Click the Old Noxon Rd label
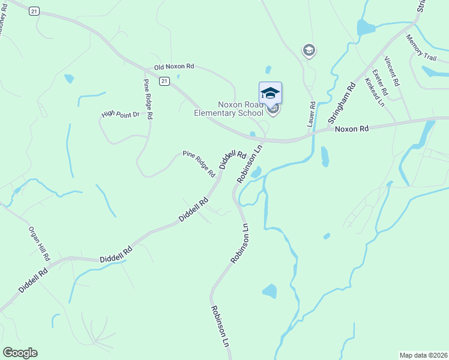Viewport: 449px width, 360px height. [x=174, y=67]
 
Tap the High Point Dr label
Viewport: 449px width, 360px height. [x=120, y=113]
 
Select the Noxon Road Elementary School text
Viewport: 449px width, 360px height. [x=228, y=108]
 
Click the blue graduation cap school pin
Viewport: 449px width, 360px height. [x=270, y=92]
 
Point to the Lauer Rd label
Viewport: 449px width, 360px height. [x=311, y=114]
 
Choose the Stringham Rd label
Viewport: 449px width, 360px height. [x=342, y=103]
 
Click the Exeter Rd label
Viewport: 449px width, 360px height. [x=381, y=82]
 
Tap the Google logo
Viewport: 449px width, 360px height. [x=20, y=353]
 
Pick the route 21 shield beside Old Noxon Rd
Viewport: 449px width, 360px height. [x=164, y=80]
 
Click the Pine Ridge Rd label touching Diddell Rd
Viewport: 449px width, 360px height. [x=199, y=164]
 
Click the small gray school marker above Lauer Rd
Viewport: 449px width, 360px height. [x=309, y=50]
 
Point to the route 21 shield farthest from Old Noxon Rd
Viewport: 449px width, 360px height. [x=34, y=11]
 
